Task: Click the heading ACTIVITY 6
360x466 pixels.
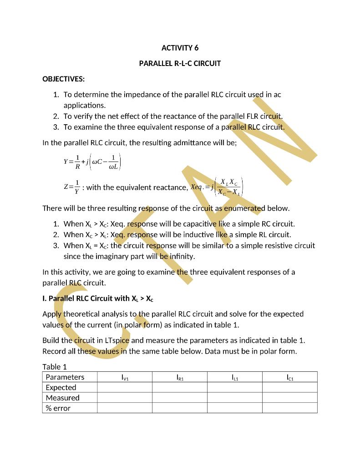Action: coord(180,48)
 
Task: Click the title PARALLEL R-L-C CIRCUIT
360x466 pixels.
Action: coord(180,63)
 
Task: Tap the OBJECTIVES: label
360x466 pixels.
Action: coord(63,79)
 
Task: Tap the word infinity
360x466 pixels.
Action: coord(181,256)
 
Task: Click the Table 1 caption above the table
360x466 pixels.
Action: coord(55,367)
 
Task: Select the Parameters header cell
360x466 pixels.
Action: coord(65,377)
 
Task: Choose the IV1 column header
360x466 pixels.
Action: coord(125,377)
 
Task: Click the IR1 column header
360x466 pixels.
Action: coord(180,377)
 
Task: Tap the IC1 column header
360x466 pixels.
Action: coord(290,377)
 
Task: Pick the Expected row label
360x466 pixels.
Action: coord(61,387)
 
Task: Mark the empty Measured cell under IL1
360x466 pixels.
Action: coord(235,398)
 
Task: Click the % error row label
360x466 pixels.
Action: coord(58,408)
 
